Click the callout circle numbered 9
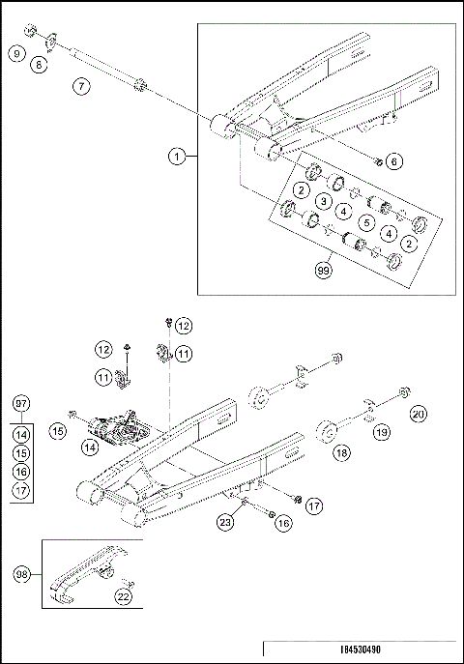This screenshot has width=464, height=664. tap(16, 54)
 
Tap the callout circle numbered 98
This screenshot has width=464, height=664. tap(21, 575)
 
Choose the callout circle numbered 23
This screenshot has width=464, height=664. tap(224, 523)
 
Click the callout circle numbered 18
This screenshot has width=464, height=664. tap(342, 451)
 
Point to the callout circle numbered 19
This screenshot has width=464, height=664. tap(382, 434)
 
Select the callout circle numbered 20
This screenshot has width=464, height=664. tap(418, 414)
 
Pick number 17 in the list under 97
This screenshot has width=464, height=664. tap(21, 490)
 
